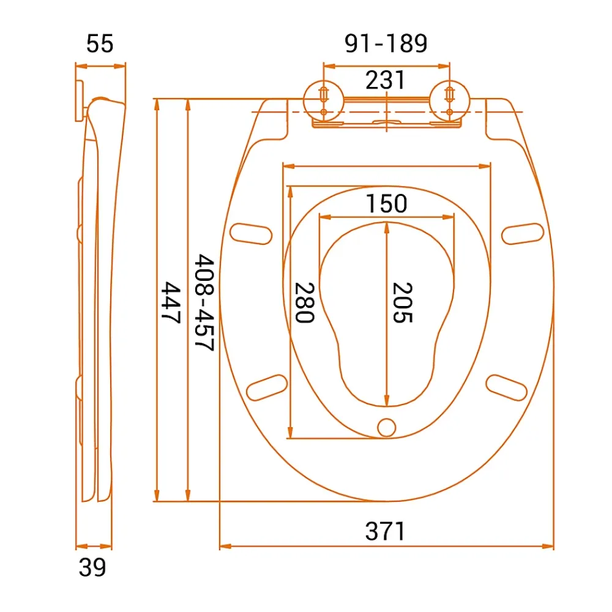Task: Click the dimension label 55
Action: click(100, 43)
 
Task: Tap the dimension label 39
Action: click(92, 567)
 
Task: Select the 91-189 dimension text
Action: click(386, 43)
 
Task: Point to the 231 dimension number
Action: click(385, 80)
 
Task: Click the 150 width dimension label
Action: click(386, 203)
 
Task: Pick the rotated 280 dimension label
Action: click(304, 302)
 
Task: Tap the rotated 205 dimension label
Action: click(403, 302)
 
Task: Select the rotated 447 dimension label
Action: click(171, 302)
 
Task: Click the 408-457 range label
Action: click(204, 302)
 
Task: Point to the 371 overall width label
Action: click(385, 531)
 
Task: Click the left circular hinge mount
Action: click(324, 101)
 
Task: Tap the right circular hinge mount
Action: click(450, 101)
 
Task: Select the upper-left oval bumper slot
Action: click(251, 233)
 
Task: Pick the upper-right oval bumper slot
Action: click(523, 233)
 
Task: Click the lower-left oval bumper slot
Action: click(267, 387)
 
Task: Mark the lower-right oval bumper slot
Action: click(507, 387)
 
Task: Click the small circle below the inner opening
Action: click(386, 427)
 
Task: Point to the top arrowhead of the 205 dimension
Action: click(386, 228)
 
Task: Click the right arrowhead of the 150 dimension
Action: click(449, 217)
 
